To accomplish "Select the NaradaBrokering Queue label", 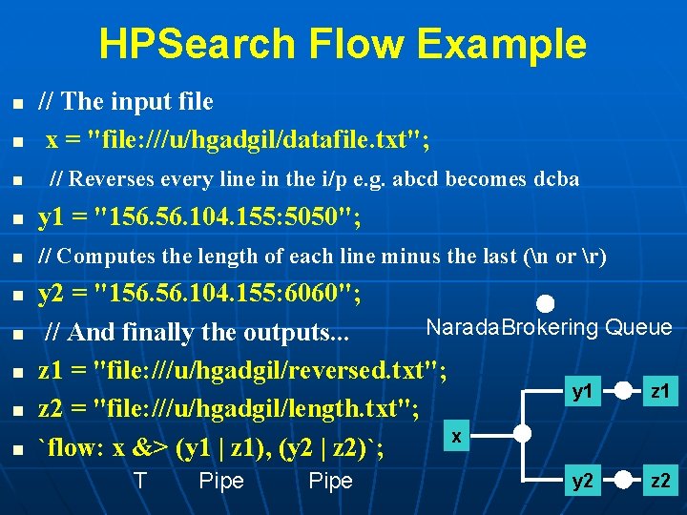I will tap(549, 328).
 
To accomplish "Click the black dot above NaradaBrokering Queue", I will tap(545, 305).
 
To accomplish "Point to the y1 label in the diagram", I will tap(582, 392).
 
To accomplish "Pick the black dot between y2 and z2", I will tap(623, 481).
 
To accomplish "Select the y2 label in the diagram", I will tap(582, 481).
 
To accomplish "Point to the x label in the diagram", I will tap(457, 436).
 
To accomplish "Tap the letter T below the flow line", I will tap(140, 481).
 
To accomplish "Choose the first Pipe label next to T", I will tap(221, 481).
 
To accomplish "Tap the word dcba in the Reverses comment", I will tap(556, 179).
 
